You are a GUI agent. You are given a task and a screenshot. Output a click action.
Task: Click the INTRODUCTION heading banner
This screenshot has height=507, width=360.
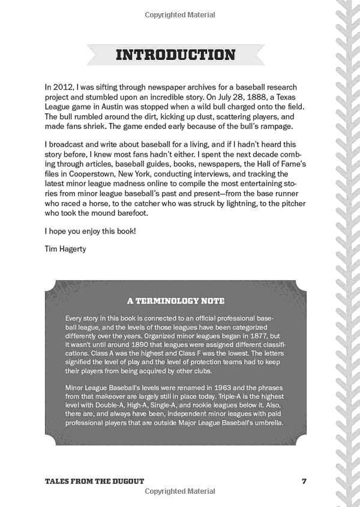tap(175, 55)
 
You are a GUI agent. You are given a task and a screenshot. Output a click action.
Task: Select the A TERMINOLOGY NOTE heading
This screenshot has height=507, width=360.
tap(176, 301)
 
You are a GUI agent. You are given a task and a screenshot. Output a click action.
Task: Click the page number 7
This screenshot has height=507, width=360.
tap(304, 481)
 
